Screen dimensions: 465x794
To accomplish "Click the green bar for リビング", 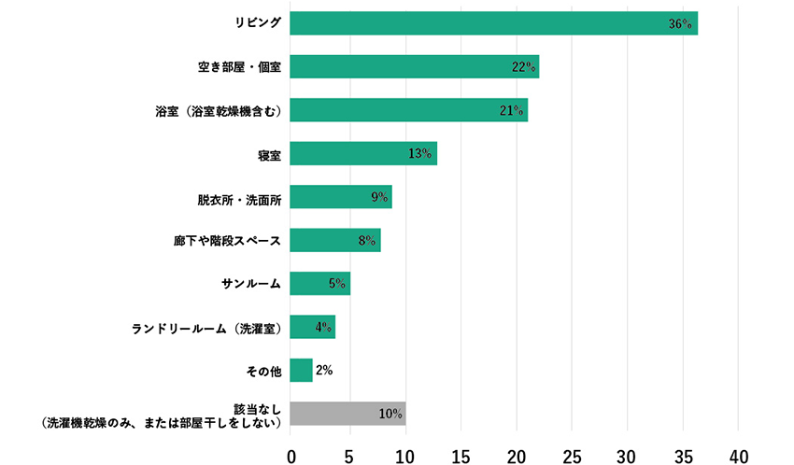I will [493, 23].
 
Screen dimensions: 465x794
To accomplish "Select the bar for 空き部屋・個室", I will [414, 67].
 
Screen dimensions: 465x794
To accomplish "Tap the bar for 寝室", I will [363, 154].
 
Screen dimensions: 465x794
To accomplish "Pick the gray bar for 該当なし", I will [347, 414].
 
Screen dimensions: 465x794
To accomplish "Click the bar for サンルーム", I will [319, 284].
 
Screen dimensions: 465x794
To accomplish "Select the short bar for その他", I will [301, 371].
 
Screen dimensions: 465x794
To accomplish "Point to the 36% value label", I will [680, 24].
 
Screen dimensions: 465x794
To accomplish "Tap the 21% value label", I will [511, 111].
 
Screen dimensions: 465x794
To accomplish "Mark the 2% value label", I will [324, 371].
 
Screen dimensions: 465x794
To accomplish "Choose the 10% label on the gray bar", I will [390, 414].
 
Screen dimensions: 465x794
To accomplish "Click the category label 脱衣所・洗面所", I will [239, 198].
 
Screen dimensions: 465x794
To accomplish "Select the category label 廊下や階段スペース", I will [227, 241].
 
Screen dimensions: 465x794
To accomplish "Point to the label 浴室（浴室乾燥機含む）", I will [218, 111].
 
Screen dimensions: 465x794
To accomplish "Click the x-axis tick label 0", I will [291, 454].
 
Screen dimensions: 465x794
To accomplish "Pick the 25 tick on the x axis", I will [572, 454].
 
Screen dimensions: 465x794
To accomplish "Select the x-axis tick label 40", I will [739, 454].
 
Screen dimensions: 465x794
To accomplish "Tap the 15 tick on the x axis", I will [459, 454].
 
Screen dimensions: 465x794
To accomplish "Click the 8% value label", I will [367, 241].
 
